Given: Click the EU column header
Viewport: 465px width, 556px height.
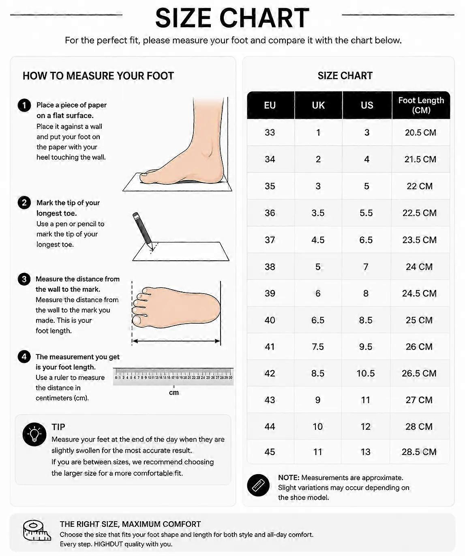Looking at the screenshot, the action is coord(270,105).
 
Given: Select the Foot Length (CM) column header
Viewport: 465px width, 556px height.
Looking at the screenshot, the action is coord(421,105).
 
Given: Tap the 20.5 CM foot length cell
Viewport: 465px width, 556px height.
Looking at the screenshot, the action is coord(420,132).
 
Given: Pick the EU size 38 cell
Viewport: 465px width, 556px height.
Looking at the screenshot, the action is coord(270,266).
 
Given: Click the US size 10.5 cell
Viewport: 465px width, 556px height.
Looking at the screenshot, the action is coord(365,374).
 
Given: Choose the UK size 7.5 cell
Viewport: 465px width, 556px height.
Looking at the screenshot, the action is coord(317,347).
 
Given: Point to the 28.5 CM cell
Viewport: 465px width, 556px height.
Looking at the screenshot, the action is coord(419,452).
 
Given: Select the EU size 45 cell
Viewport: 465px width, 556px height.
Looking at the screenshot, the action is coord(270,452).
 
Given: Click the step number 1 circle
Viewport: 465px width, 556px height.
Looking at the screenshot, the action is coord(24,105).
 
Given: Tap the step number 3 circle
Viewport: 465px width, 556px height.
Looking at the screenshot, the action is coord(24,279).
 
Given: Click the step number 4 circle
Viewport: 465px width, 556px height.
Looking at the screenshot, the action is coord(24,357).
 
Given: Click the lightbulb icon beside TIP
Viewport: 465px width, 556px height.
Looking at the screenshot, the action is coord(34,434).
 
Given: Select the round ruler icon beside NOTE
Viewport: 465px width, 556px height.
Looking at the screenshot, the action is coord(258,485).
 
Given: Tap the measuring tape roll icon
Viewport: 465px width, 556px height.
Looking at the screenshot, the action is coord(36,531).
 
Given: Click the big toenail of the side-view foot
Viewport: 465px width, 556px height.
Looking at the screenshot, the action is coord(144,175).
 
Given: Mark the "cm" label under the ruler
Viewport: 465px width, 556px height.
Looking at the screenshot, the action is coord(174,393).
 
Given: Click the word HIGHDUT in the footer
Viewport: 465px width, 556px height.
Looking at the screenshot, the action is coord(108,544).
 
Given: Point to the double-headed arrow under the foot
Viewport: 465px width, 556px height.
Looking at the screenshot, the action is coord(176,341).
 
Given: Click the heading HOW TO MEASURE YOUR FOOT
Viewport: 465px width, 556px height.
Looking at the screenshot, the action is coord(98,76).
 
